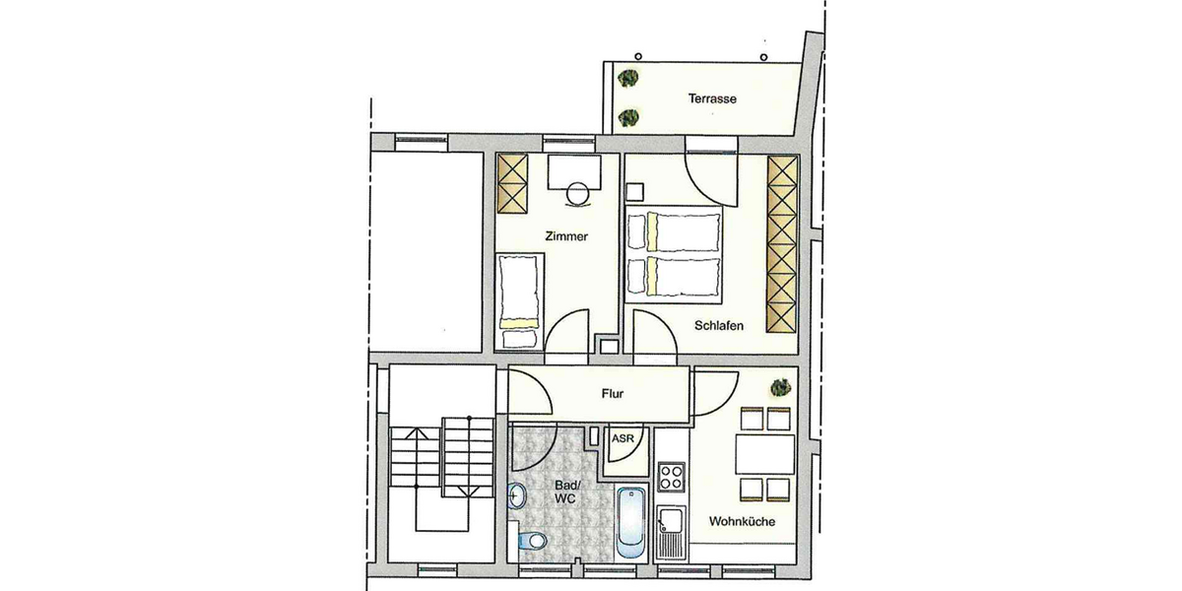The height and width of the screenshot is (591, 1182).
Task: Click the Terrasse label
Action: click(x=713, y=98)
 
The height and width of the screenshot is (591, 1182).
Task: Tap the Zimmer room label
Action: click(x=566, y=236)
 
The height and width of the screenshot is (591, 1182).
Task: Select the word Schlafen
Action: click(x=718, y=326)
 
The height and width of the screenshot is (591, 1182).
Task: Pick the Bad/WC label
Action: click(x=565, y=492)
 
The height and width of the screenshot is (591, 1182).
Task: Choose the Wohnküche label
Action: click(x=741, y=523)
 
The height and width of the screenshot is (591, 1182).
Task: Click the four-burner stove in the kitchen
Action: click(x=672, y=479)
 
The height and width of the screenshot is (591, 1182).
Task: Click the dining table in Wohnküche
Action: click(x=764, y=454)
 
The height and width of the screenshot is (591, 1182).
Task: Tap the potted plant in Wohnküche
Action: click(x=778, y=385)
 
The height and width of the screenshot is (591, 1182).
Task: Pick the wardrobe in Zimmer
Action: click(x=512, y=183)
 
